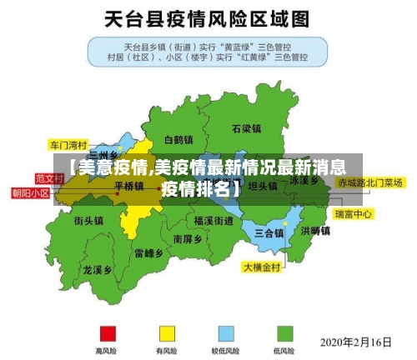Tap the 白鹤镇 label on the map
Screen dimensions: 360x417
point(178,139)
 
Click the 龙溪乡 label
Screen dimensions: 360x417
point(98,270)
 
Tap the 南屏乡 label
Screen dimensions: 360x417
point(188,238)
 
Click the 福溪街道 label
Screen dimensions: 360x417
point(214,221)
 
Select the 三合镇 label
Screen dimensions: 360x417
point(269,232)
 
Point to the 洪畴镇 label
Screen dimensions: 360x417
point(315,230)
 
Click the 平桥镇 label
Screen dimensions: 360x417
point(129,186)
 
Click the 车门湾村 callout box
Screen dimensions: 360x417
point(68,143)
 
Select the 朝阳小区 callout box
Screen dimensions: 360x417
point(30,192)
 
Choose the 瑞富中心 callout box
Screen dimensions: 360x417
point(354,214)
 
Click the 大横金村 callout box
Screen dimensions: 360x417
point(264,268)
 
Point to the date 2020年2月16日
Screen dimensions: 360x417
point(356,342)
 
